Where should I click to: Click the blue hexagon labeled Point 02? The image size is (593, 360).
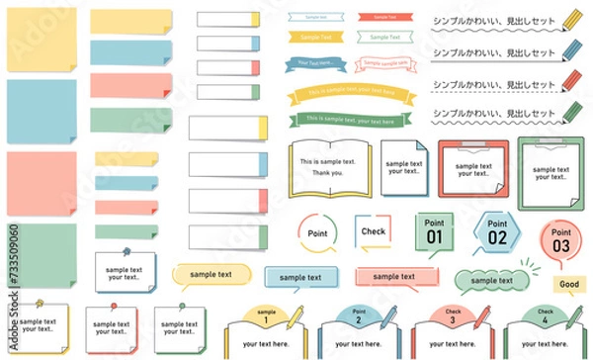[496, 231]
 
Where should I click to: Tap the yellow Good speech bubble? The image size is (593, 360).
[567, 284]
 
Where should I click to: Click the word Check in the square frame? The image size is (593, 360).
[373, 231]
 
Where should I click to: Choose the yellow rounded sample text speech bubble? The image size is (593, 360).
[211, 274]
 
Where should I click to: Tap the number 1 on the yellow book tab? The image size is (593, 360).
[265, 319]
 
